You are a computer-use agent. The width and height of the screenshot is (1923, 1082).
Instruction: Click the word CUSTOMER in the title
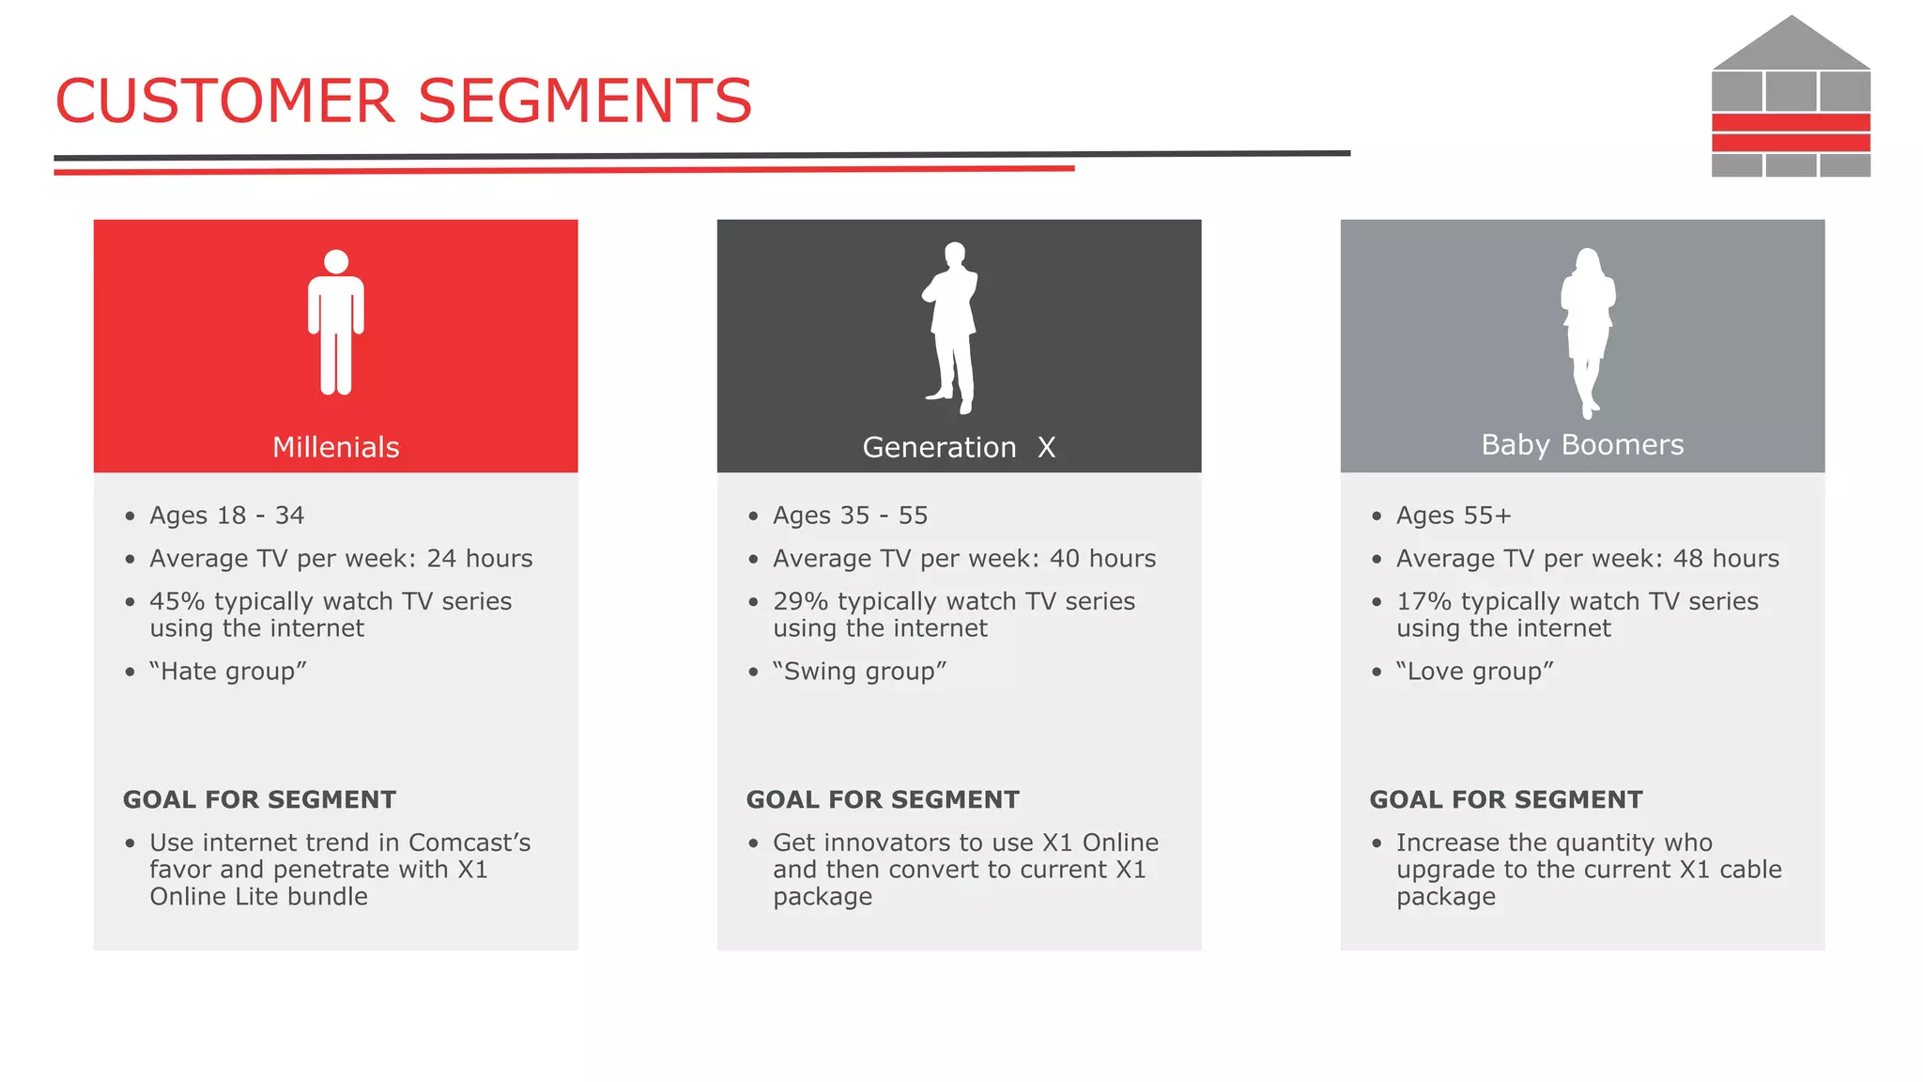225,101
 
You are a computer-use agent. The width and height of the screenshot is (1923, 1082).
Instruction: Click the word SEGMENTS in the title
584,101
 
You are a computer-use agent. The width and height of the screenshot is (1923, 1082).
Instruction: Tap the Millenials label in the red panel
335,447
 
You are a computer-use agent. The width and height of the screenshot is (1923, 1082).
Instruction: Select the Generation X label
959,447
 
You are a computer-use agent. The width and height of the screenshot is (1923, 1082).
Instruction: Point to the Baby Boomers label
1582,444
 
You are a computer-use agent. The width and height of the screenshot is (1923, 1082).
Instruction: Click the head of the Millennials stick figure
336,262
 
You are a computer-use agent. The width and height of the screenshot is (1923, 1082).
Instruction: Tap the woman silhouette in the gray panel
1587,329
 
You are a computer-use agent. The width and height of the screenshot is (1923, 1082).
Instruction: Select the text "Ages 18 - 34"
226,516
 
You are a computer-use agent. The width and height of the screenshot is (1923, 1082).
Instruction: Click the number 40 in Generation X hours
1064,559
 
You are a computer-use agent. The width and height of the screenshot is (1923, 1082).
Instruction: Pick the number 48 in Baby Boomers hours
1687,559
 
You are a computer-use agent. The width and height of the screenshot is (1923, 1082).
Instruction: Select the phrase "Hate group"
228,672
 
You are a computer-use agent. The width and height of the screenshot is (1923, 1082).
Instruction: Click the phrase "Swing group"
859,672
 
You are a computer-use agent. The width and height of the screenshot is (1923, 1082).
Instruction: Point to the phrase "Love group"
1474,672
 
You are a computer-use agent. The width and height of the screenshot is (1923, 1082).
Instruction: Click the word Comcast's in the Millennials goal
469,842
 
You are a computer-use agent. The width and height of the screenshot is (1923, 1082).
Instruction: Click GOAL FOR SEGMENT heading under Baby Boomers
1505,799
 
